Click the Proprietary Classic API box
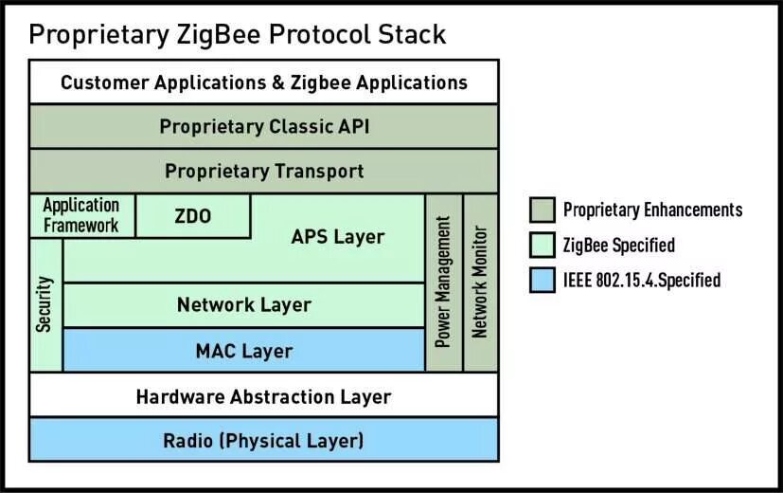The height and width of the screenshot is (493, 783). point(264,126)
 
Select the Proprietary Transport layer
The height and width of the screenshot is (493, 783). point(264,172)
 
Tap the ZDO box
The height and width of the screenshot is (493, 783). point(193,216)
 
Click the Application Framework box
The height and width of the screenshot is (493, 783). point(81,216)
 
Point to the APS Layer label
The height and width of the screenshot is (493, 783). point(337,236)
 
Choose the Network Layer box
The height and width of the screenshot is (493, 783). point(243,305)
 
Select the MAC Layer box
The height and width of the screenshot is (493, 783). point(243,351)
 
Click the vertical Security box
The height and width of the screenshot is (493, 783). point(44,304)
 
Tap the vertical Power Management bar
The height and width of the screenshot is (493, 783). point(443,283)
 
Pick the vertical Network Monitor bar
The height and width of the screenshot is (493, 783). point(480,283)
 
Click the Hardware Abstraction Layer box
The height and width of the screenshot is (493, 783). point(264,396)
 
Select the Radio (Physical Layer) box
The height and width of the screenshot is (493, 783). point(264,441)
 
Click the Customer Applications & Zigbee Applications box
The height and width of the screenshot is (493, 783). point(264,82)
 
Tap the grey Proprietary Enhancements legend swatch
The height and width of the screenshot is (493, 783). point(542,210)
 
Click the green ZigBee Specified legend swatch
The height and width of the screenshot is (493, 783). point(542,245)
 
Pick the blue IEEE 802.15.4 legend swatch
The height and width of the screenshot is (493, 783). point(542,280)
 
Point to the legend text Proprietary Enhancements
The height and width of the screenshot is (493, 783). point(652,210)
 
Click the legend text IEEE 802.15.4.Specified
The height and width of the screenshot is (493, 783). point(642,281)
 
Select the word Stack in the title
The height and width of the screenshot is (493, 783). point(407,34)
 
